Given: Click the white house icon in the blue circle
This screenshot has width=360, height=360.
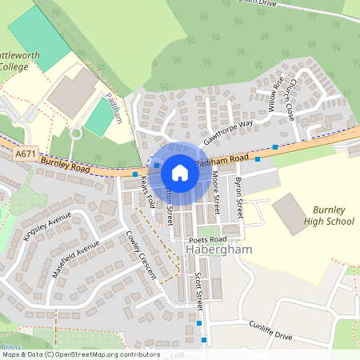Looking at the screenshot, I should point(180,172).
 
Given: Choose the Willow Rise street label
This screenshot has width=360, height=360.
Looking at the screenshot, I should point(276,94).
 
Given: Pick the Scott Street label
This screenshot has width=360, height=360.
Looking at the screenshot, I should point(199,288).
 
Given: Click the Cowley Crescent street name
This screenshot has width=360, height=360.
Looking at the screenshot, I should point(141,254).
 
